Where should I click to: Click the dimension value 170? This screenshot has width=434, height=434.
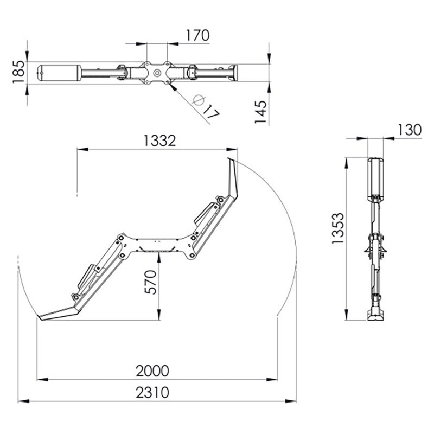click(x=197, y=35)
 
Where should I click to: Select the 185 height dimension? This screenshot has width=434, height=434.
click(x=19, y=72)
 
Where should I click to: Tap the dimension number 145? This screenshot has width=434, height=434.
click(x=260, y=112)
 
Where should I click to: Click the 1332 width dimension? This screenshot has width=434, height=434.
click(x=159, y=141)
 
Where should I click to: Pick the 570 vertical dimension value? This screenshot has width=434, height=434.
click(x=151, y=282)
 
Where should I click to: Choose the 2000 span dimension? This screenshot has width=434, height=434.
click(x=152, y=371)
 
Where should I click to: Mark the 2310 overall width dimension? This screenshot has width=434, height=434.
click(x=152, y=393)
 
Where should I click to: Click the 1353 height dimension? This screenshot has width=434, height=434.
click(x=337, y=228)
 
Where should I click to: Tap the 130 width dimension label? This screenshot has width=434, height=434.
click(x=410, y=130)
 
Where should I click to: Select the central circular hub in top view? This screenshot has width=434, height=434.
click(x=157, y=73)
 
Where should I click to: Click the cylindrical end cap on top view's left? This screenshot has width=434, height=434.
click(x=60, y=73)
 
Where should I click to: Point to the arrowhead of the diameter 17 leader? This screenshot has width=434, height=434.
click(x=172, y=87)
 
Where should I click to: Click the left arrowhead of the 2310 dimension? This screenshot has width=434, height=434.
click(x=23, y=401)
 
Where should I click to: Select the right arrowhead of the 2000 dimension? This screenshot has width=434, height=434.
click(x=272, y=379)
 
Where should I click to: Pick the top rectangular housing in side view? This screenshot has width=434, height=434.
click(x=375, y=178)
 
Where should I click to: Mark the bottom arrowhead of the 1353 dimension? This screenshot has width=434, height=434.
click(x=346, y=315)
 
